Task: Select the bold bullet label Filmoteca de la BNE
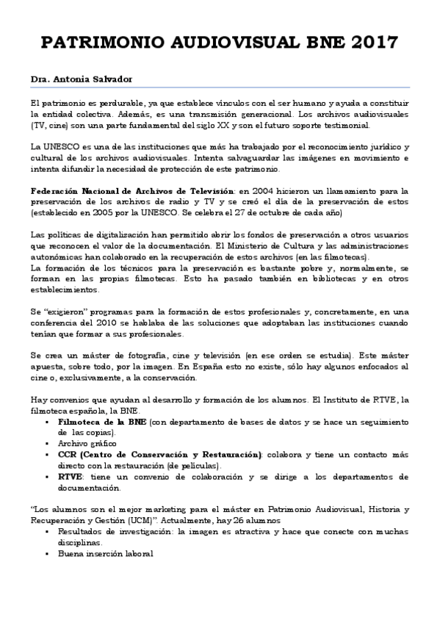(102, 423)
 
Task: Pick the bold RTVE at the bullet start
(71, 477)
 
